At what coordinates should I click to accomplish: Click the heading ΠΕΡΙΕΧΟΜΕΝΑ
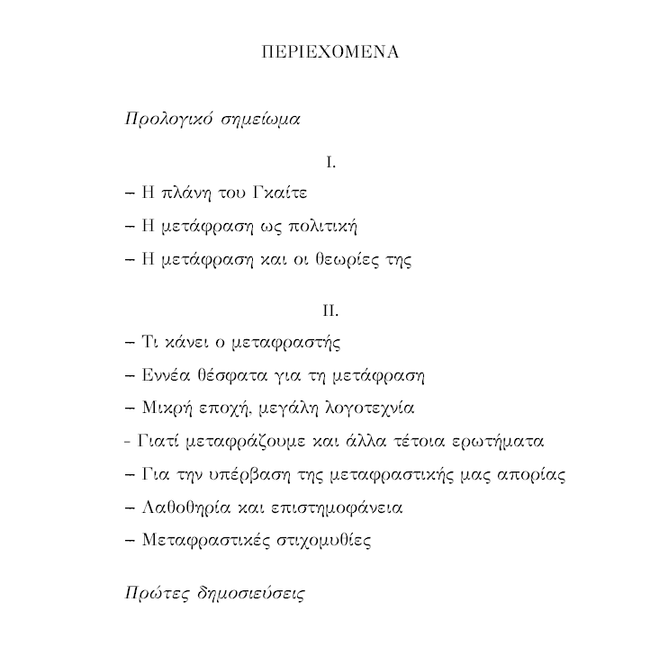[x=329, y=51]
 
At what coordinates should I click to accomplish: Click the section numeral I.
[x=330, y=163]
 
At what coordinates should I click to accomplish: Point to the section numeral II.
[x=330, y=310]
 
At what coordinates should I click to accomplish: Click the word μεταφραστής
[x=292, y=344]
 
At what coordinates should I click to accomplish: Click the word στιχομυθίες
[x=322, y=541]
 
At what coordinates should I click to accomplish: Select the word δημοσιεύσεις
[x=248, y=595]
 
